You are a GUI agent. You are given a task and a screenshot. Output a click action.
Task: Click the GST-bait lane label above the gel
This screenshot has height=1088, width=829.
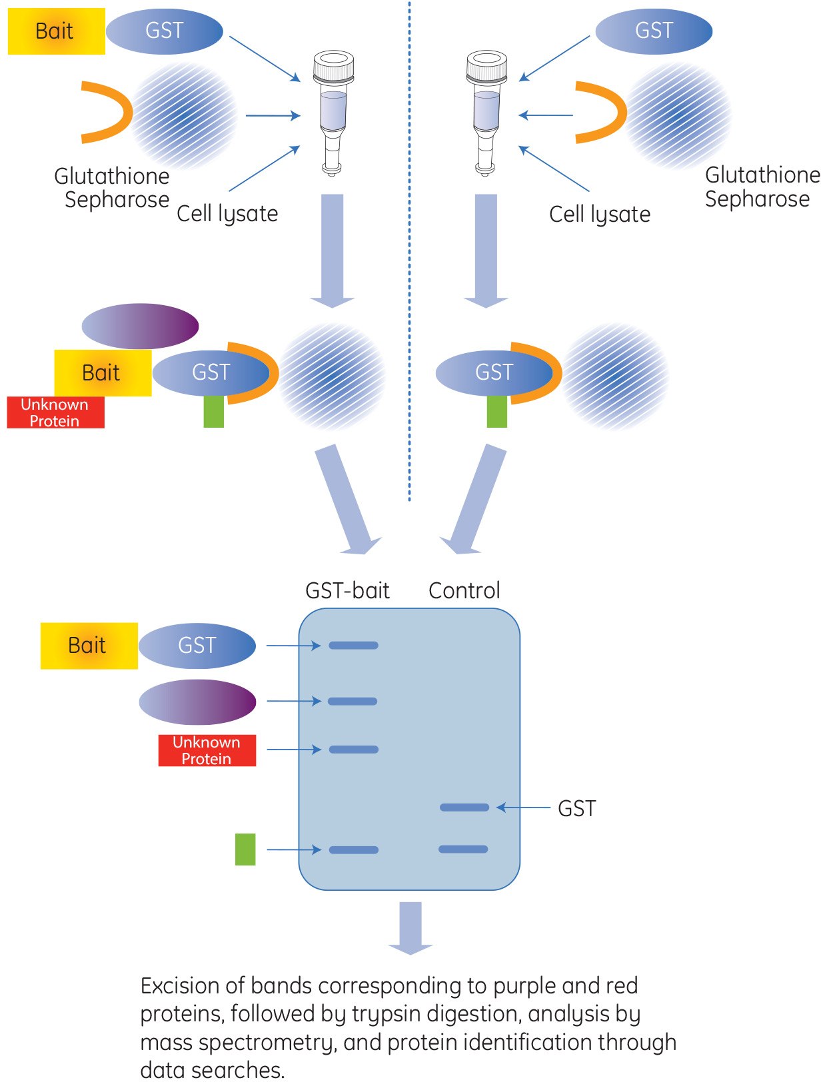(x=347, y=590)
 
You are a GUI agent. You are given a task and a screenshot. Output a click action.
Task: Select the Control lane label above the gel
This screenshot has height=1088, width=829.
(x=464, y=590)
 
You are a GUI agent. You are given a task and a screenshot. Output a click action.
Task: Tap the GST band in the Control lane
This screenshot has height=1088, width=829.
(x=464, y=808)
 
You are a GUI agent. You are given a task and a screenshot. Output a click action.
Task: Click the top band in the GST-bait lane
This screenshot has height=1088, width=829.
(x=353, y=646)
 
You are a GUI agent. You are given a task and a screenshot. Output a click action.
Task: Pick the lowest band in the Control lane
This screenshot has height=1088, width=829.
(x=463, y=849)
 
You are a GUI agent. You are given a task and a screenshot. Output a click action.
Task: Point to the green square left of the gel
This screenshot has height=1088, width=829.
(x=245, y=849)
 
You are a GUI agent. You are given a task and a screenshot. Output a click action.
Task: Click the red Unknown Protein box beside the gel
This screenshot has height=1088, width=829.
(x=207, y=750)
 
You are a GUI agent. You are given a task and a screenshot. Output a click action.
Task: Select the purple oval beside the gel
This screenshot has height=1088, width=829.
(x=197, y=702)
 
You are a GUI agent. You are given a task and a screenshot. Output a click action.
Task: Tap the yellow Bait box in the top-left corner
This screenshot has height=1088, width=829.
(x=56, y=31)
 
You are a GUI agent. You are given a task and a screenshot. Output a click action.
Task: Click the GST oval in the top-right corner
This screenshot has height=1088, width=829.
(x=654, y=31)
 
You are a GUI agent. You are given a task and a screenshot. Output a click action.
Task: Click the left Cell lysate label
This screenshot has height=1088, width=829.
(x=227, y=214)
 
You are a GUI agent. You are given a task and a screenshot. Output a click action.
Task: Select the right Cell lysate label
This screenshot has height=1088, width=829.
(x=600, y=215)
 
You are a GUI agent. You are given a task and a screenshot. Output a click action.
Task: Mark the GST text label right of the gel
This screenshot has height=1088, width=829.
(x=576, y=808)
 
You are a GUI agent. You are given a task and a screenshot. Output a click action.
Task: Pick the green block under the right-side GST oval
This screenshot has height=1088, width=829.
(x=497, y=411)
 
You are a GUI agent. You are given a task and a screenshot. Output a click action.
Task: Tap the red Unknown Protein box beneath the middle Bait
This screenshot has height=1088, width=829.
(x=55, y=412)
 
